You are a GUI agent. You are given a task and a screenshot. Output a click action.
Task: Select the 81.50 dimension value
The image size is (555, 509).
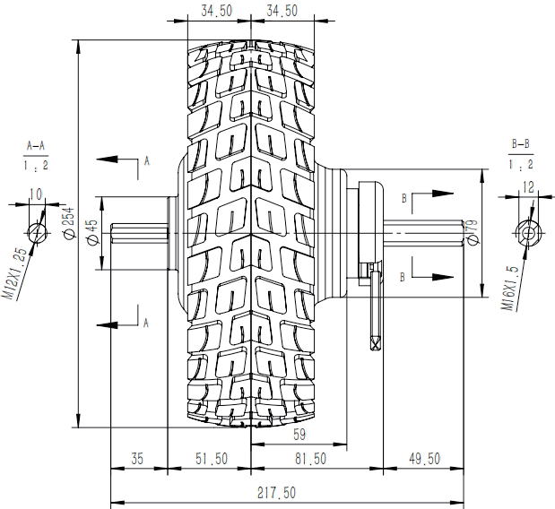(309, 459)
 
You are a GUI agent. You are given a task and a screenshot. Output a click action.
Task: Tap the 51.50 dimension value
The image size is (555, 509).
(212, 459)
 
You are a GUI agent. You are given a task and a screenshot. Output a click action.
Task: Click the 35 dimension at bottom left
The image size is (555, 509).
(137, 459)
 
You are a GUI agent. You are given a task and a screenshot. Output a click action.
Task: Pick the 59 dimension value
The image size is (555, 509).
(299, 436)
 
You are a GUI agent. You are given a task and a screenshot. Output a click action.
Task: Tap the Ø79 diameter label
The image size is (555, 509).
(472, 231)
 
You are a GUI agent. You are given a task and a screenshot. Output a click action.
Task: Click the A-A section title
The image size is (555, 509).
(37, 144)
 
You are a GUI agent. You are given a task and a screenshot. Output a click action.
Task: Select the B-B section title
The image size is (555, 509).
(520, 143)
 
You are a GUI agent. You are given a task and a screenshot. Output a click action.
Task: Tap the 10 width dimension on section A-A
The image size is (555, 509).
(37, 194)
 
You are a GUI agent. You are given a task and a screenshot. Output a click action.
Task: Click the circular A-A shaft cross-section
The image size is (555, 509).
(37, 231)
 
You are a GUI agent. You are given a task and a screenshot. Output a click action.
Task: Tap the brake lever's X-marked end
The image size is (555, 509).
(374, 341)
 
